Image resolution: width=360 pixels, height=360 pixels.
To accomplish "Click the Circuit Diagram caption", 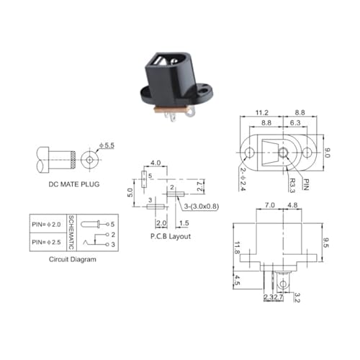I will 72,258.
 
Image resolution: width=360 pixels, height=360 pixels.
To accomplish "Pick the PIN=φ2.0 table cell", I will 48,222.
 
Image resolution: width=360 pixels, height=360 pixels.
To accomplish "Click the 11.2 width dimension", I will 261,113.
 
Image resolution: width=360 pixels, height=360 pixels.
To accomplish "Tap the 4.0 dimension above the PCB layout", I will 155,163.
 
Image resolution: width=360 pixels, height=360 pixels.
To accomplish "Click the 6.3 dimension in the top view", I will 295,123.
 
